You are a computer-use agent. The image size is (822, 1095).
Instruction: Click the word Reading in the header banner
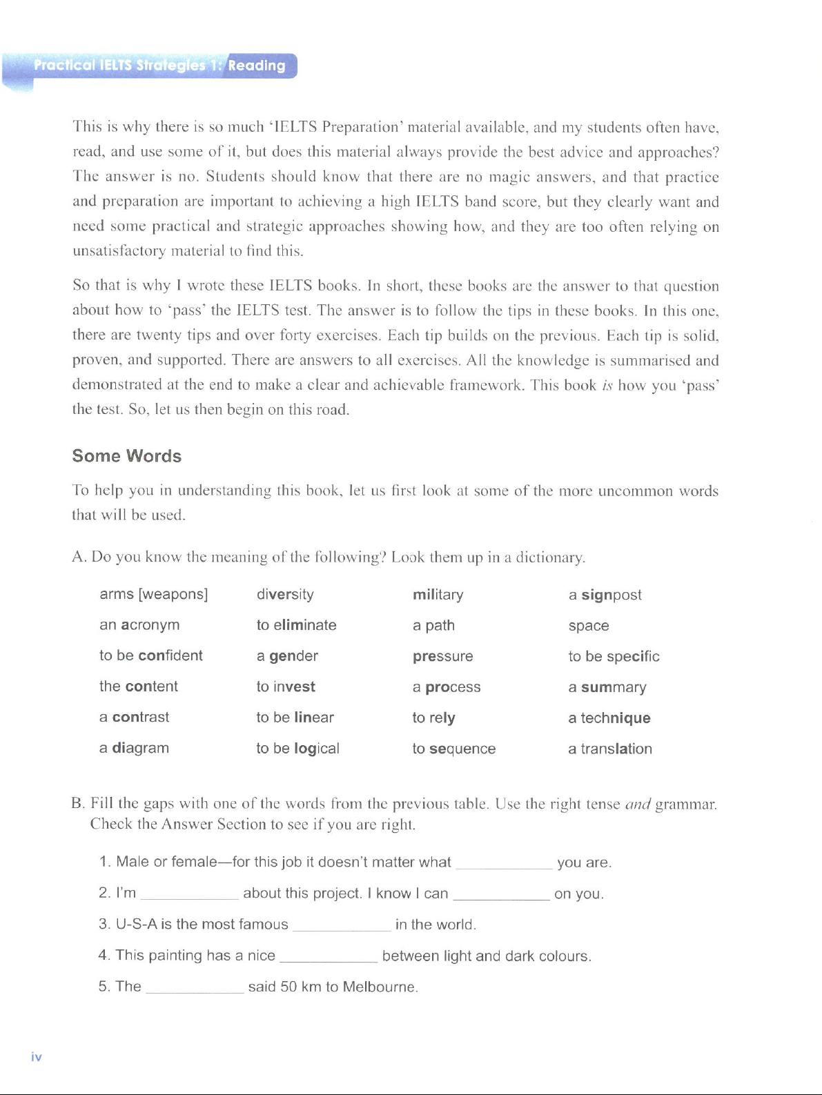click(256, 66)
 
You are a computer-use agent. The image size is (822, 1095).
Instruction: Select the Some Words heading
click(127, 456)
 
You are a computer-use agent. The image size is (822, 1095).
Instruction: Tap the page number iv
click(37, 1057)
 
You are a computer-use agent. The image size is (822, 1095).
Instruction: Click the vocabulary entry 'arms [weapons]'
click(153, 594)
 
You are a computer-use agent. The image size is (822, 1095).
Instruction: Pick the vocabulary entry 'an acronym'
click(139, 625)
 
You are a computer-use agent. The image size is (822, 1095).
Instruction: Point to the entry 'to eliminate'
click(296, 625)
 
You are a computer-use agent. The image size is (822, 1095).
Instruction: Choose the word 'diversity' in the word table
click(285, 594)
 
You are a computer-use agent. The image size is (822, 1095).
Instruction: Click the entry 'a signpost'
click(605, 595)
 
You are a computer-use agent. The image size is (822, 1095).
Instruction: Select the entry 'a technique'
click(609, 718)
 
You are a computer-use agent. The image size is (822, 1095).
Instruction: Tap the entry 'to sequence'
click(453, 749)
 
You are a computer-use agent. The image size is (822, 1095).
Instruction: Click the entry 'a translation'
click(609, 749)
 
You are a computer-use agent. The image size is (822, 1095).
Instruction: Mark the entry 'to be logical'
click(297, 749)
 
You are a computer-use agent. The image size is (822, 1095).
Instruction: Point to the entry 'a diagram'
click(134, 748)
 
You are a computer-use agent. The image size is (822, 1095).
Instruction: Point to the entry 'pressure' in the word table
click(442, 656)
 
